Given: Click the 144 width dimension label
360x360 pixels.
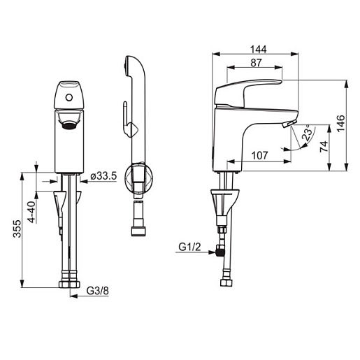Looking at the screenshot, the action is pyautogui.click(x=258, y=50).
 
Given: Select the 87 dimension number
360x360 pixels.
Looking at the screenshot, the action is pyautogui.click(x=256, y=63).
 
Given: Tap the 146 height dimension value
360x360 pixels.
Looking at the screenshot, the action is pyautogui.click(x=340, y=123).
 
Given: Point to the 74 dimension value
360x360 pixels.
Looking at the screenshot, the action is pyautogui.click(x=324, y=147).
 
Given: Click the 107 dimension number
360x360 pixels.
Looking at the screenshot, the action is pyautogui.click(x=260, y=155).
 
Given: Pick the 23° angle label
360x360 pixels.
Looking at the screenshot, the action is pyautogui.click(x=308, y=132).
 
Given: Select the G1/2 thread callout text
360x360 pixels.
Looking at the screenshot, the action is pyautogui.click(x=189, y=247).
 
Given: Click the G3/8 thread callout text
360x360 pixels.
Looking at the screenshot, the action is pyautogui.click(x=98, y=291).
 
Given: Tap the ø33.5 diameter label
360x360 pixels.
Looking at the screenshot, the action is pyautogui.click(x=103, y=176).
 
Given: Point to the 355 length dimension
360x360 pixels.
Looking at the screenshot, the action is pyautogui.click(x=17, y=229).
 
